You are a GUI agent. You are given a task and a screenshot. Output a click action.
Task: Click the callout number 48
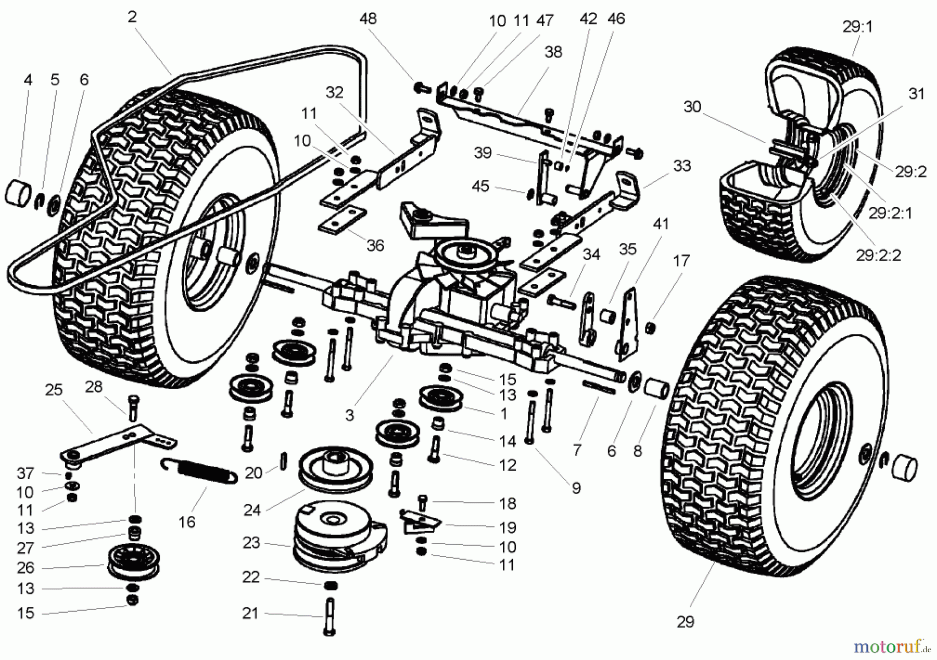tap(368, 19)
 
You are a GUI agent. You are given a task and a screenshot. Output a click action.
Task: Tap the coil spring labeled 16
tap(200, 470)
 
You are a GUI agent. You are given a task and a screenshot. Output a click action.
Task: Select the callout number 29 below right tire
tap(686, 622)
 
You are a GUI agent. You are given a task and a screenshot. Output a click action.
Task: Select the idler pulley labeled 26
tap(131, 564)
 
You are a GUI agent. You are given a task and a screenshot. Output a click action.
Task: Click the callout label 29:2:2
tap(878, 255)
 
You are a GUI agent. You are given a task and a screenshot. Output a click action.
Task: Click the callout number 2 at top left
tap(132, 17)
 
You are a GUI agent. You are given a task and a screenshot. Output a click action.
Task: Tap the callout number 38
tap(553, 52)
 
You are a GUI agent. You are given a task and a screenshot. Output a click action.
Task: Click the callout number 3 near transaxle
tap(349, 415)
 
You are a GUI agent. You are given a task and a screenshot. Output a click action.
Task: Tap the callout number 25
tap(54, 390)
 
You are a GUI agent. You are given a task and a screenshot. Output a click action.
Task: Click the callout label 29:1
tap(857, 27)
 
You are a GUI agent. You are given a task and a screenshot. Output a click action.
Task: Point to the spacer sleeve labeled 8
tap(656, 389)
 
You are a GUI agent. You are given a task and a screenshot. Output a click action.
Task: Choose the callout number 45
tap(480, 186)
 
